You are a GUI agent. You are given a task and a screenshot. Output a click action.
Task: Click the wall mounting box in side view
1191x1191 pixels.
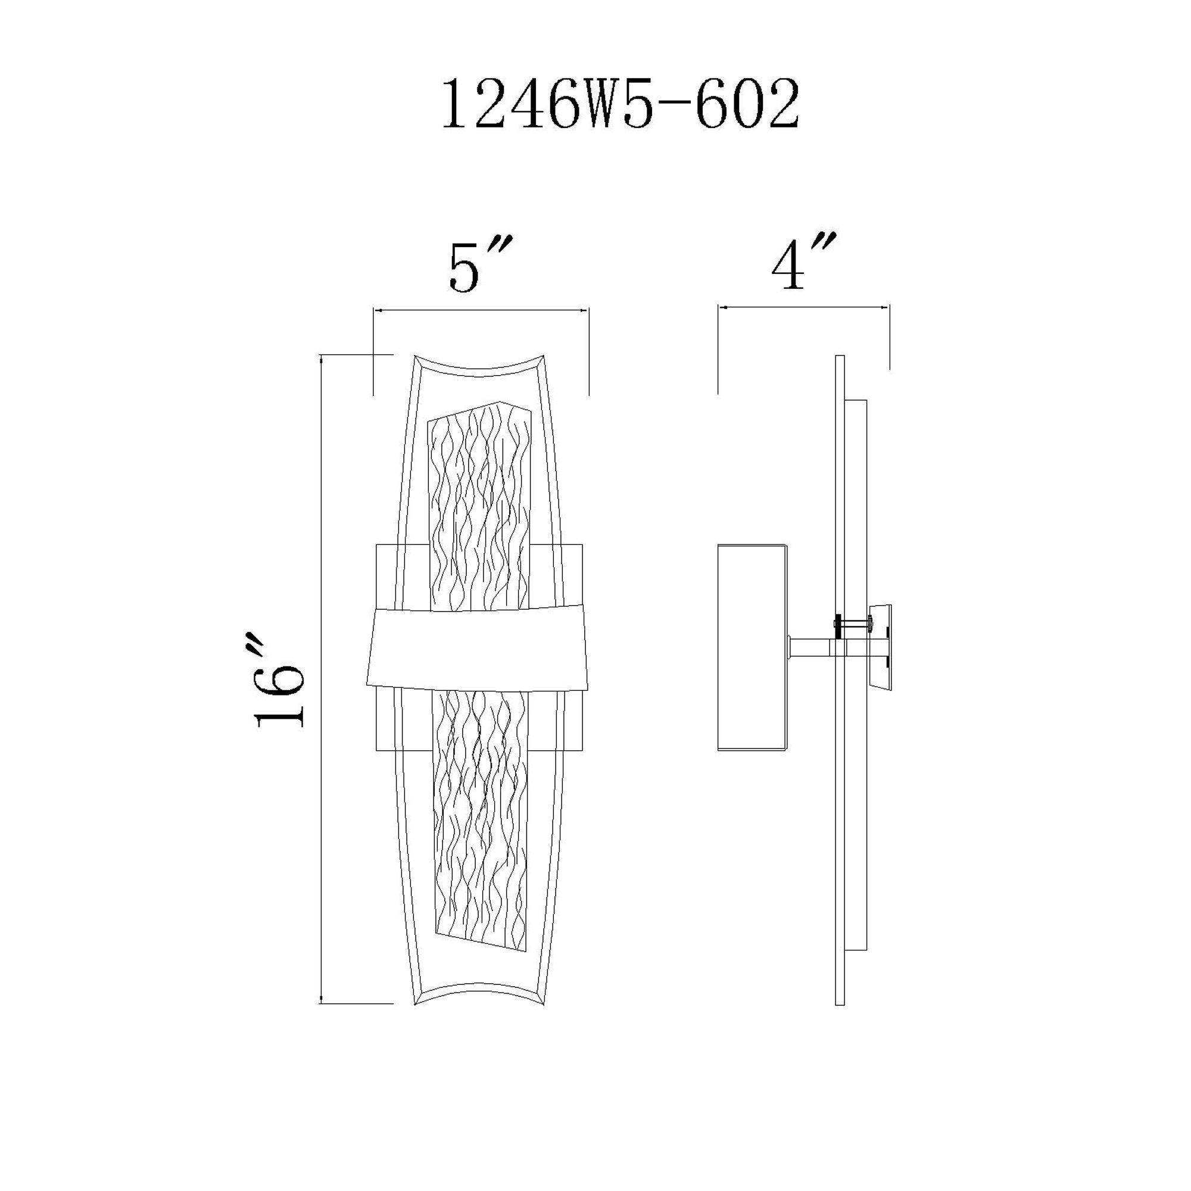(x=752, y=647)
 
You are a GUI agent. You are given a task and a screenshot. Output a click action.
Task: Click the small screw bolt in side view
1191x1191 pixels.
(x=854, y=625)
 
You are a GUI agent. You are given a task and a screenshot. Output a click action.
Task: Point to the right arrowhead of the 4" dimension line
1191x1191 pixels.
(x=886, y=305)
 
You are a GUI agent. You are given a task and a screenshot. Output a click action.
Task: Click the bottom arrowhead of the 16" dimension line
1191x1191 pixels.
(x=322, y=999)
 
